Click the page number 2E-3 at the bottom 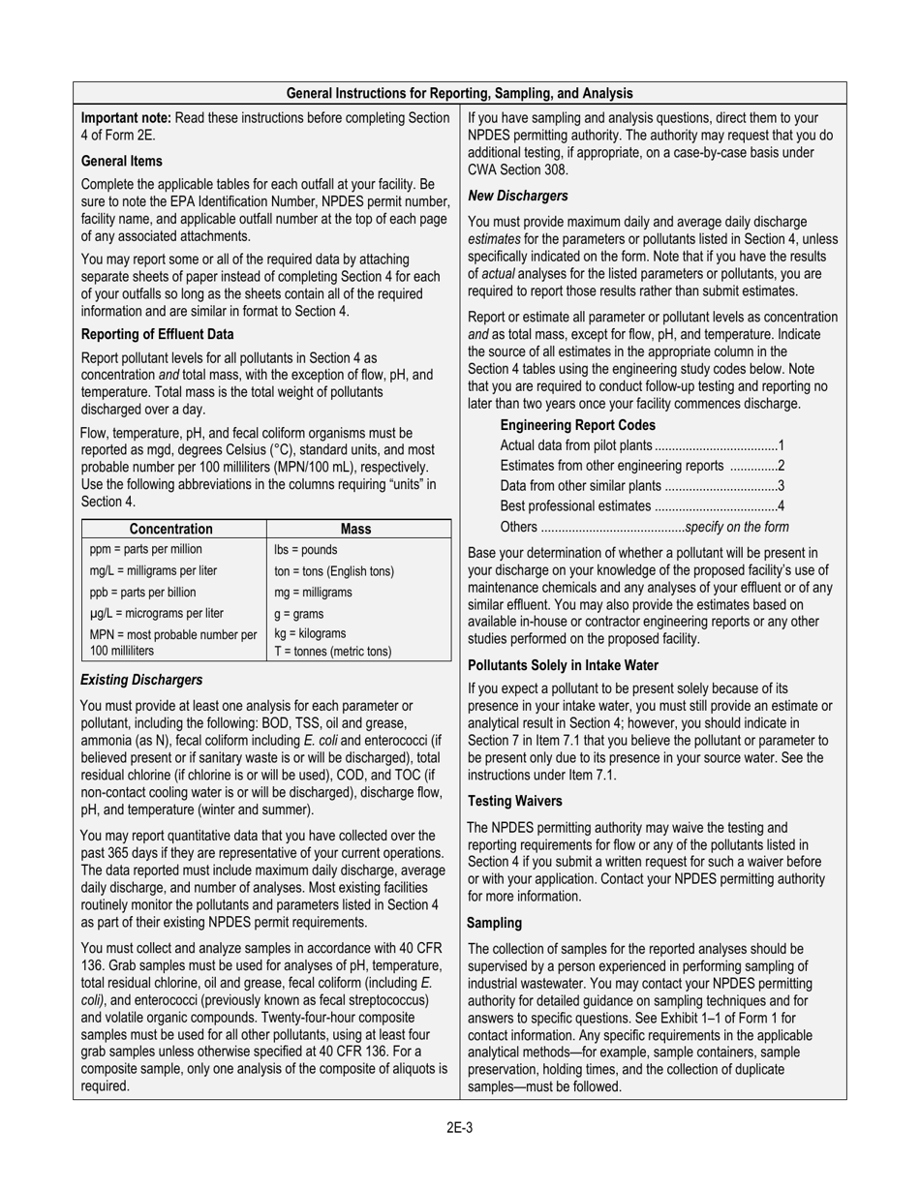pos(459,1127)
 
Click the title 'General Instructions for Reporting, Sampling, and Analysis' pos(459,93)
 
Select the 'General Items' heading pos(122,161)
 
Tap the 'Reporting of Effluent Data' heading pos(158,334)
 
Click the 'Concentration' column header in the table pos(171,529)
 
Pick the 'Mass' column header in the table pos(356,529)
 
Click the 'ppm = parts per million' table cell pos(146,549)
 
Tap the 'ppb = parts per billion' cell pos(142,593)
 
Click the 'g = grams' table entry pos(299,614)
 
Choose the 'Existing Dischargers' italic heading pos(141,680)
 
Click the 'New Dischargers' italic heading pos(518,196)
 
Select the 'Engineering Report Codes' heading pos(577,425)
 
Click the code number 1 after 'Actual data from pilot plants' pos(781,445)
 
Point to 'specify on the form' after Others pos(736,527)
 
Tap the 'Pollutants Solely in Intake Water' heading pos(563,665)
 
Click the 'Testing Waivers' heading pos(514,801)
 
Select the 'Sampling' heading pos(494,923)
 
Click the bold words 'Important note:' pos(126,118)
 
